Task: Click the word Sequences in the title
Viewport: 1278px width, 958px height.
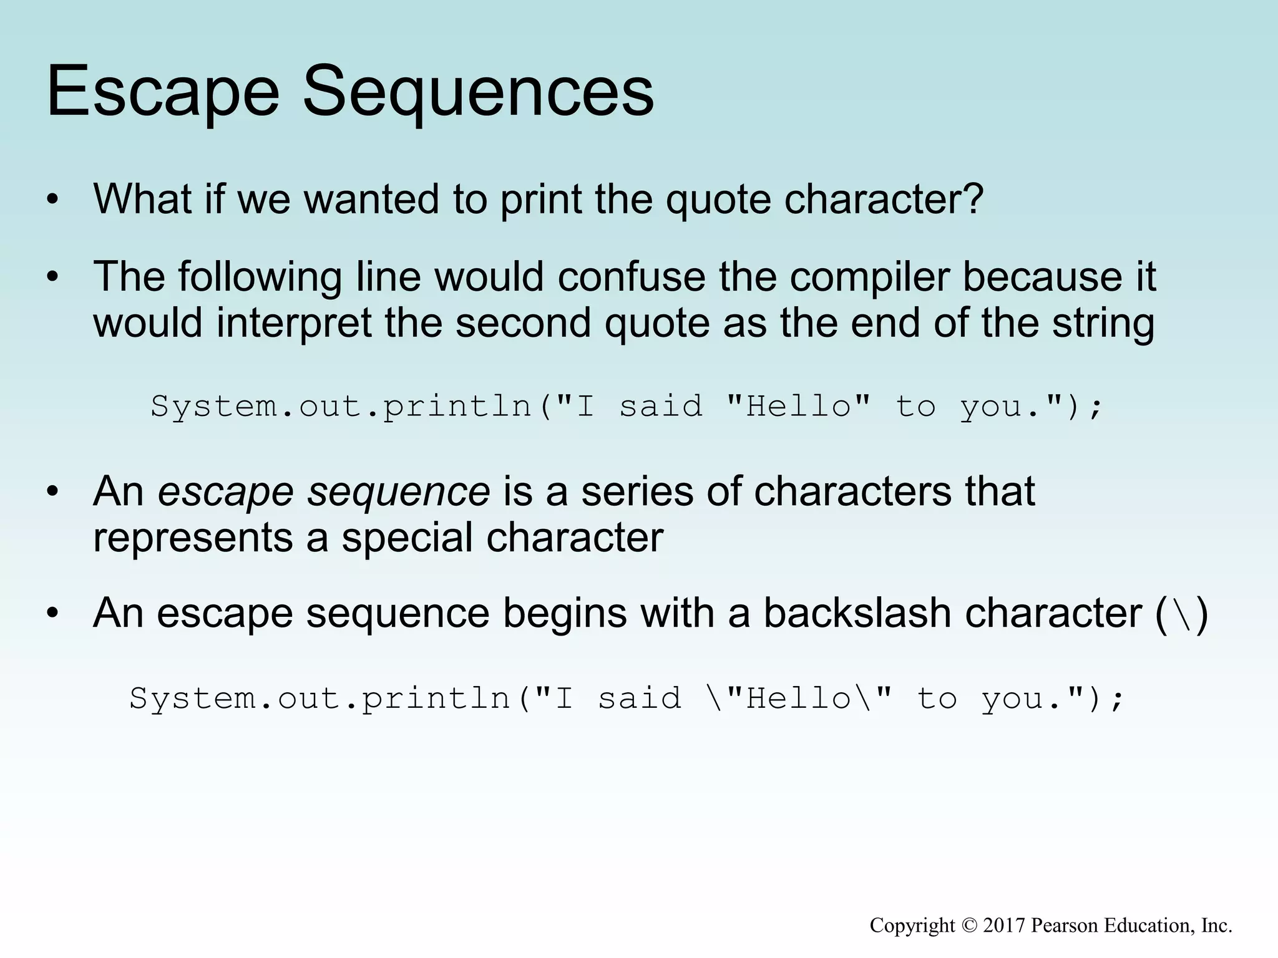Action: (478, 94)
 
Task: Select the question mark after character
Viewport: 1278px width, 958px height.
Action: (973, 198)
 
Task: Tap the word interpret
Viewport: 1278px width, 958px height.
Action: (293, 324)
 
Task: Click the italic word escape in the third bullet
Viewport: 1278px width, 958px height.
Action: (226, 492)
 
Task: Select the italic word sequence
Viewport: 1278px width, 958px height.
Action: (399, 492)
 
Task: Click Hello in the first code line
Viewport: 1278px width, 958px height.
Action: (799, 407)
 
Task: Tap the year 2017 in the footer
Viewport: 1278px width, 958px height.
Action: (1004, 926)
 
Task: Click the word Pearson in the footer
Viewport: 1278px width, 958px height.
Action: (1065, 926)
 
